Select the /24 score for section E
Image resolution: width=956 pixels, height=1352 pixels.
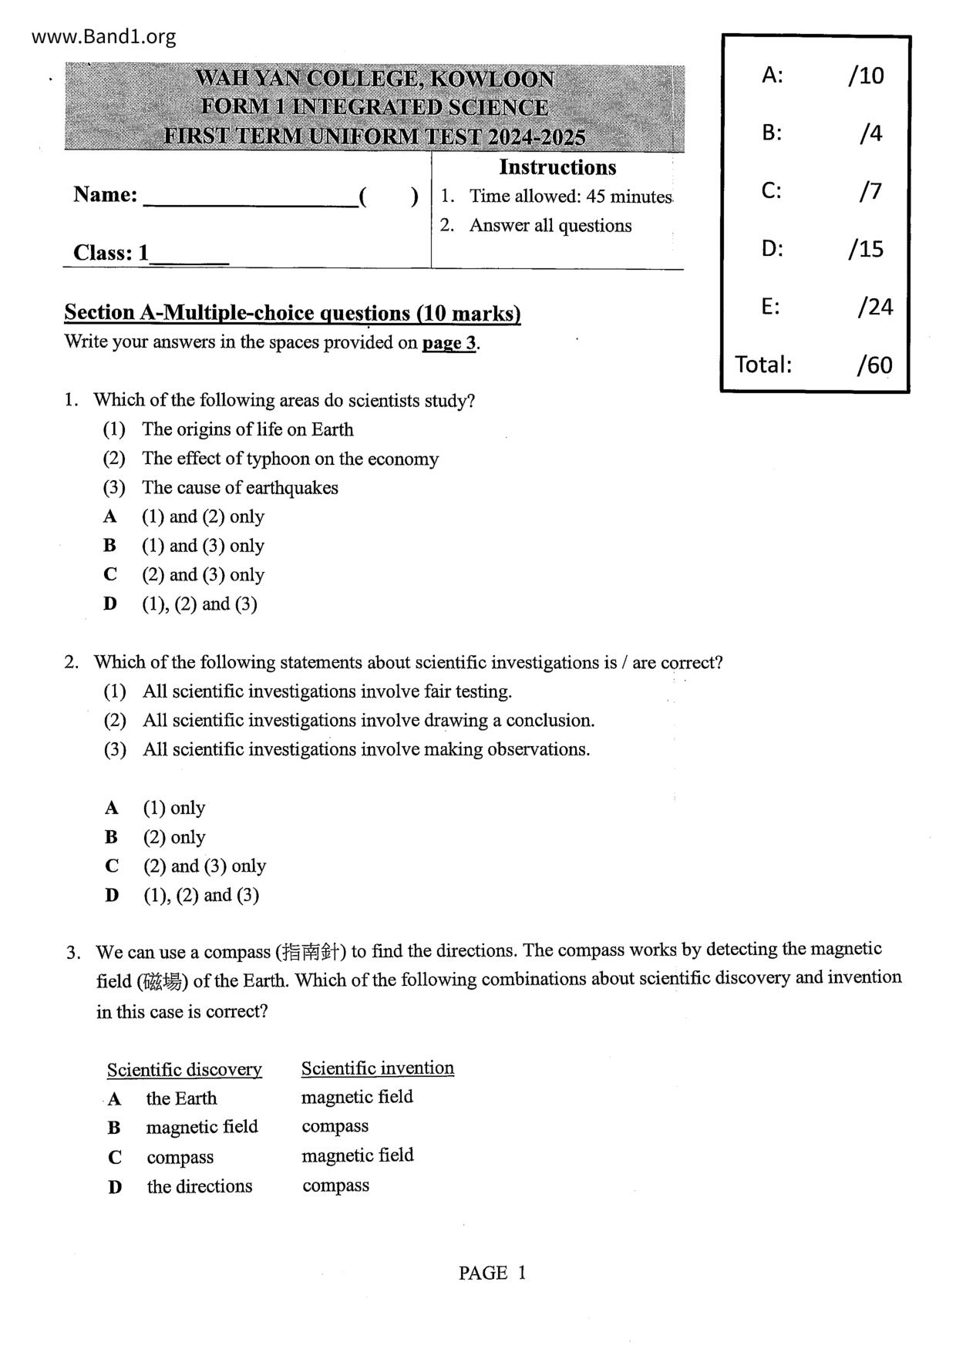pyautogui.click(x=874, y=307)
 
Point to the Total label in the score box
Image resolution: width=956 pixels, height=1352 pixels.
pyautogui.click(x=763, y=364)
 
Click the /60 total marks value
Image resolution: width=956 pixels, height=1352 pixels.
pyautogui.click(x=874, y=365)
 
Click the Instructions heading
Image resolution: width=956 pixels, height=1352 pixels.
pyautogui.click(x=557, y=167)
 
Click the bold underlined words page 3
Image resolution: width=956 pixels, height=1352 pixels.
pyautogui.click(x=449, y=343)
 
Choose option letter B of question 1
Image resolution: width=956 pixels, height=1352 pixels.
pyautogui.click(x=110, y=546)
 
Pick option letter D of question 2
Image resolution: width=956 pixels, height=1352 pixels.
pyautogui.click(x=113, y=895)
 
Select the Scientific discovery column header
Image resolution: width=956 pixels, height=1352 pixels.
pyautogui.click(x=184, y=1070)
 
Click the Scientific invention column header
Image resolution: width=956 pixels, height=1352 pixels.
pyautogui.click(x=377, y=1068)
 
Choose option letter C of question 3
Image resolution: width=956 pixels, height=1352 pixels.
pyautogui.click(x=115, y=1157)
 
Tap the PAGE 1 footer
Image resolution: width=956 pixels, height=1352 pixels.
pyautogui.click(x=492, y=1273)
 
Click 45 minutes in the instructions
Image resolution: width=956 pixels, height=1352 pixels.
pyautogui.click(x=628, y=197)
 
